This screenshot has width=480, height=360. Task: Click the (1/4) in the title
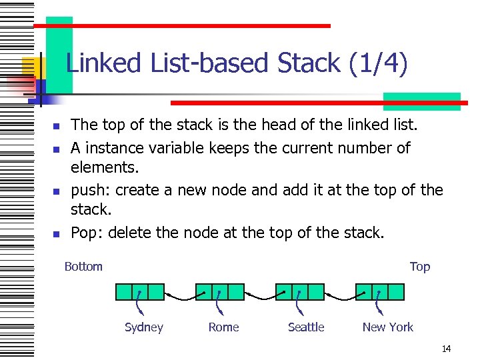[x=378, y=64]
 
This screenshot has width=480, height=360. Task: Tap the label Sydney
[x=144, y=327]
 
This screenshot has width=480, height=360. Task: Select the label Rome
[x=223, y=327]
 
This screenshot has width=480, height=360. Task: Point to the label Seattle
[x=306, y=327]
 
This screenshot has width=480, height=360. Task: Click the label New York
[x=387, y=327]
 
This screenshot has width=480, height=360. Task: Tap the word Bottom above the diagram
[x=83, y=267]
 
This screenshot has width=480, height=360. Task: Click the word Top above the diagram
[x=420, y=267]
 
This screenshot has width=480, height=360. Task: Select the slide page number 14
[x=446, y=349]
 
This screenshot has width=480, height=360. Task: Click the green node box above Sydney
[x=140, y=291]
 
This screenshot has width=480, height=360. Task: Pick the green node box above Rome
[x=220, y=291]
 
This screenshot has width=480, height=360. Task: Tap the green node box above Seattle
[x=300, y=291]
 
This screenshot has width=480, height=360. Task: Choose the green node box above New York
[x=380, y=291]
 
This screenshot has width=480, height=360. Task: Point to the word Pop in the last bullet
[x=84, y=233]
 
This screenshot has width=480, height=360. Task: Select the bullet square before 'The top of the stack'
[x=57, y=126]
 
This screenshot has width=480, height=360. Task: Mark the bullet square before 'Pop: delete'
[x=57, y=234]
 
